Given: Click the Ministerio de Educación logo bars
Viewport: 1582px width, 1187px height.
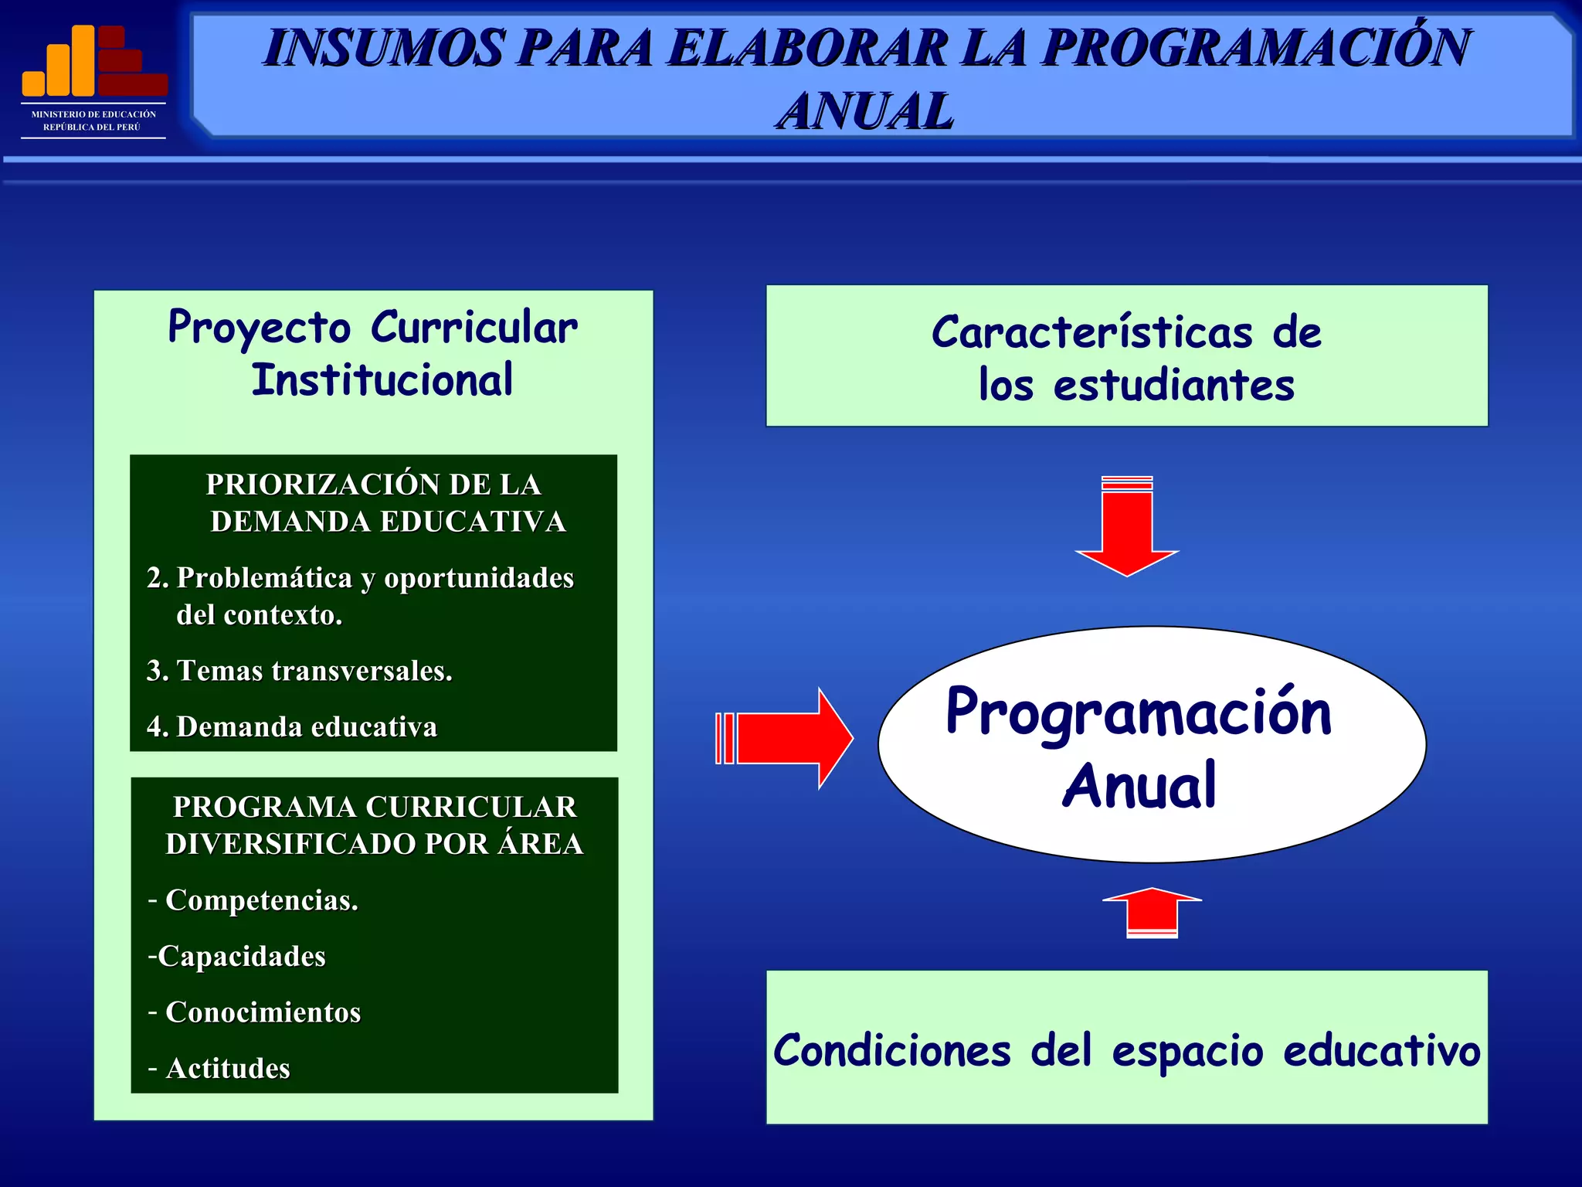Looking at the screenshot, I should point(93,61).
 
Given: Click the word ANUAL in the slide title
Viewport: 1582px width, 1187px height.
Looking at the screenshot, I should point(865,111).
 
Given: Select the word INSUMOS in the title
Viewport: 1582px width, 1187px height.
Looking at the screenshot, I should point(384,48).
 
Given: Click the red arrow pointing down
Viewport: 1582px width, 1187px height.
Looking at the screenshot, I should point(1127,529).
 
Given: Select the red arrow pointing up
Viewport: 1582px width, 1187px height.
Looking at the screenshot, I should point(1152,912).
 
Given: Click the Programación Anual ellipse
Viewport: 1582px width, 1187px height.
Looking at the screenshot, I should point(1151,745).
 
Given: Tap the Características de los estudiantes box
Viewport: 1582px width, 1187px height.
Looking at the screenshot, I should point(1126,356).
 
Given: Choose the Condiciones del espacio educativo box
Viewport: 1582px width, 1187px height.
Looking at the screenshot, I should point(1126,1049).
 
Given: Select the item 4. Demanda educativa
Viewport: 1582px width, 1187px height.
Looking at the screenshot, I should point(292,727).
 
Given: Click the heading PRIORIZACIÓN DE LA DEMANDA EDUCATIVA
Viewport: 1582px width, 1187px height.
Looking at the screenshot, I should point(374,503).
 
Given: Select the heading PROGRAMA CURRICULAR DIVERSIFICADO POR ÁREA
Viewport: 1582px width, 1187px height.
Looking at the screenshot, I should point(374,825).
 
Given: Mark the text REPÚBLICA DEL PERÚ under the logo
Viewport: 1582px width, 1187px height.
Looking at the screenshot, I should point(92,127).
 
